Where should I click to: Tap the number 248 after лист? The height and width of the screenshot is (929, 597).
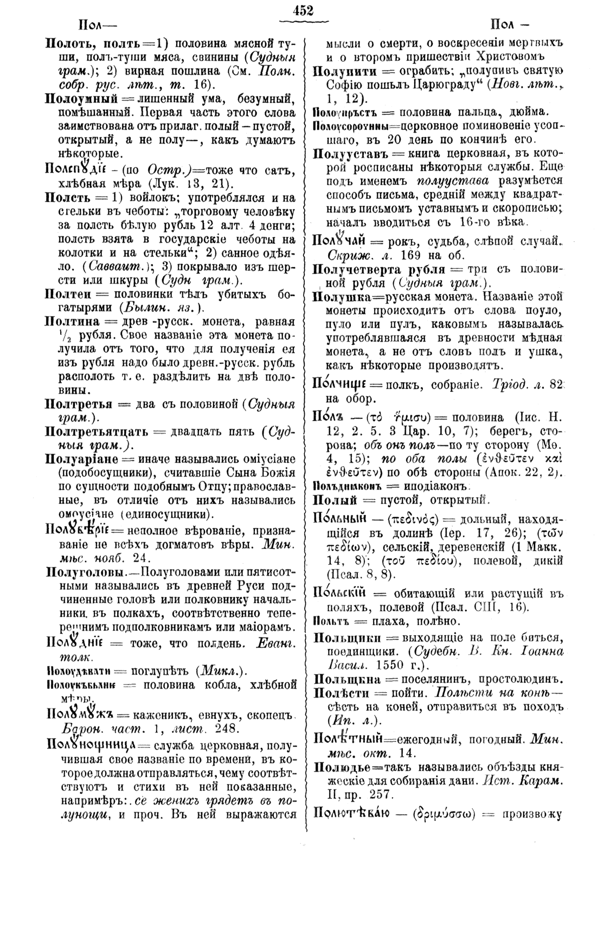tap(220, 728)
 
